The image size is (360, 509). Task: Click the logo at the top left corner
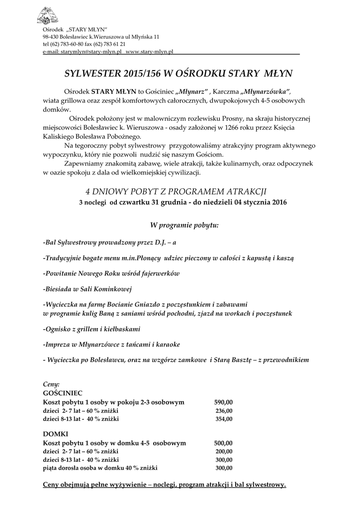coord(47,15)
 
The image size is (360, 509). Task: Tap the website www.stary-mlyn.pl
coord(149,51)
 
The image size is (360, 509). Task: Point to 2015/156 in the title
coord(142,74)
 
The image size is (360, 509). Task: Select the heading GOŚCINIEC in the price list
coord(59,392)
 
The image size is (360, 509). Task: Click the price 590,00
coord(223,402)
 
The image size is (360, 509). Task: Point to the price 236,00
coord(224,410)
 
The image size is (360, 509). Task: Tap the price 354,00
coord(224,419)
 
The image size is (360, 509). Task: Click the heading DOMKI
coord(55,434)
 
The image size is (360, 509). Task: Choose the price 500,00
coord(223,443)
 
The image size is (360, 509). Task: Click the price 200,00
coord(224,451)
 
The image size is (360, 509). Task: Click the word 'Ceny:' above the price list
coord(51,384)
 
